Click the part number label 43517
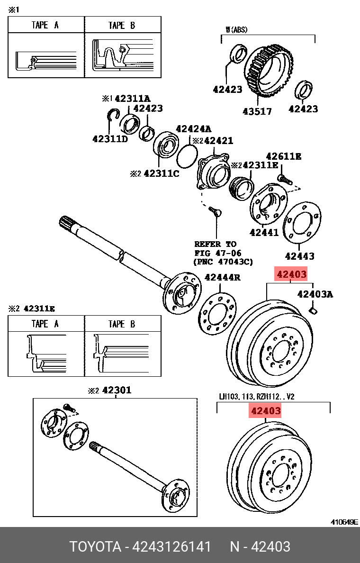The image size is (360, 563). [257, 111]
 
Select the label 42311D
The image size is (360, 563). [110, 139]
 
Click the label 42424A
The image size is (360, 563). [193, 129]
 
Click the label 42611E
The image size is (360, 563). [283, 156]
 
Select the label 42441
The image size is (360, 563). [264, 232]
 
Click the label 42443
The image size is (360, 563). [299, 256]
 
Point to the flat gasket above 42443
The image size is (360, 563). [302, 223]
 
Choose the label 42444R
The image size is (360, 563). [222, 277]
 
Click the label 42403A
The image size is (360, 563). [315, 294]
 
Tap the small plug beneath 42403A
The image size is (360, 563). [313, 310]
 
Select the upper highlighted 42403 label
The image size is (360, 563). [292, 274]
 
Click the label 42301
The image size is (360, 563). [117, 390]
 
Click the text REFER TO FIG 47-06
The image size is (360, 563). [215, 248]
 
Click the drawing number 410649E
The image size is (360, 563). [344, 522]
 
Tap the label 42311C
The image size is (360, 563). [161, 173]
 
